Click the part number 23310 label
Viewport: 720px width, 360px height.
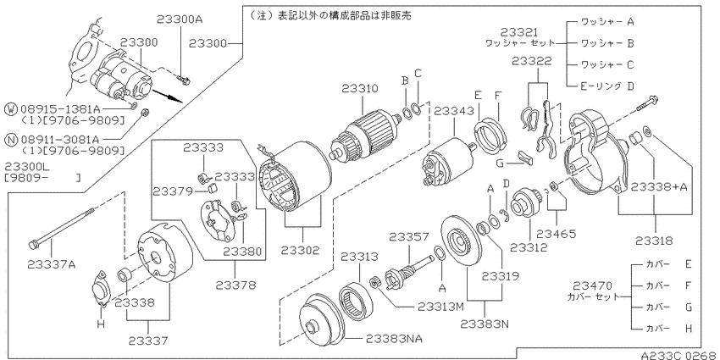click(360, 89)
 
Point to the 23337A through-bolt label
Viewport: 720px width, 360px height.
click(52, 264)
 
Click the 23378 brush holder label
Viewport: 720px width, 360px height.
click(235, 285)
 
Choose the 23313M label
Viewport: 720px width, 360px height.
click(441, 307)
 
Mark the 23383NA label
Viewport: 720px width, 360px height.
click(394, 339)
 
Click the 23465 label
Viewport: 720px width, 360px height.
click(557, 234)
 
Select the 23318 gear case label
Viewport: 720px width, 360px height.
click(655, 241)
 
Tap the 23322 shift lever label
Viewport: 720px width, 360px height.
click(532, 62)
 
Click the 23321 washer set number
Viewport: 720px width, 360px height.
click(519, 32)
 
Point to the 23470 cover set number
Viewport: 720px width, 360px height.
click(592, 285)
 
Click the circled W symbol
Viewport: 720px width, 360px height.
click(10, 108)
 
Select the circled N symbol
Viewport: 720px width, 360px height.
click(10, 139)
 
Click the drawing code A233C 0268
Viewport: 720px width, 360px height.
click(679, 355)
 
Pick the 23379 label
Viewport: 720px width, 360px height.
click(172, 191)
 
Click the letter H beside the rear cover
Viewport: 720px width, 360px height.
click(101, 324)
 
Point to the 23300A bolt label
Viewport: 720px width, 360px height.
click(180, 19)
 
